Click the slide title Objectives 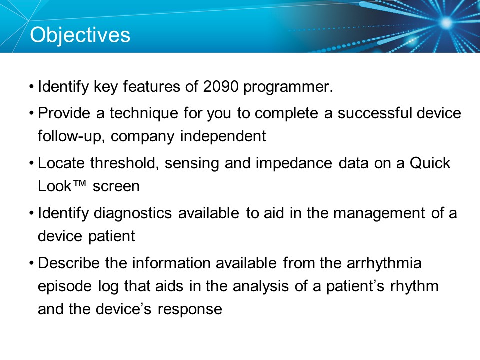pyautogui.click(x=80, y=35)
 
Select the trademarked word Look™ pyautogui.click(x=63, y=187)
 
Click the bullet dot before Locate pyautogui.click(x=32, y=163)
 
